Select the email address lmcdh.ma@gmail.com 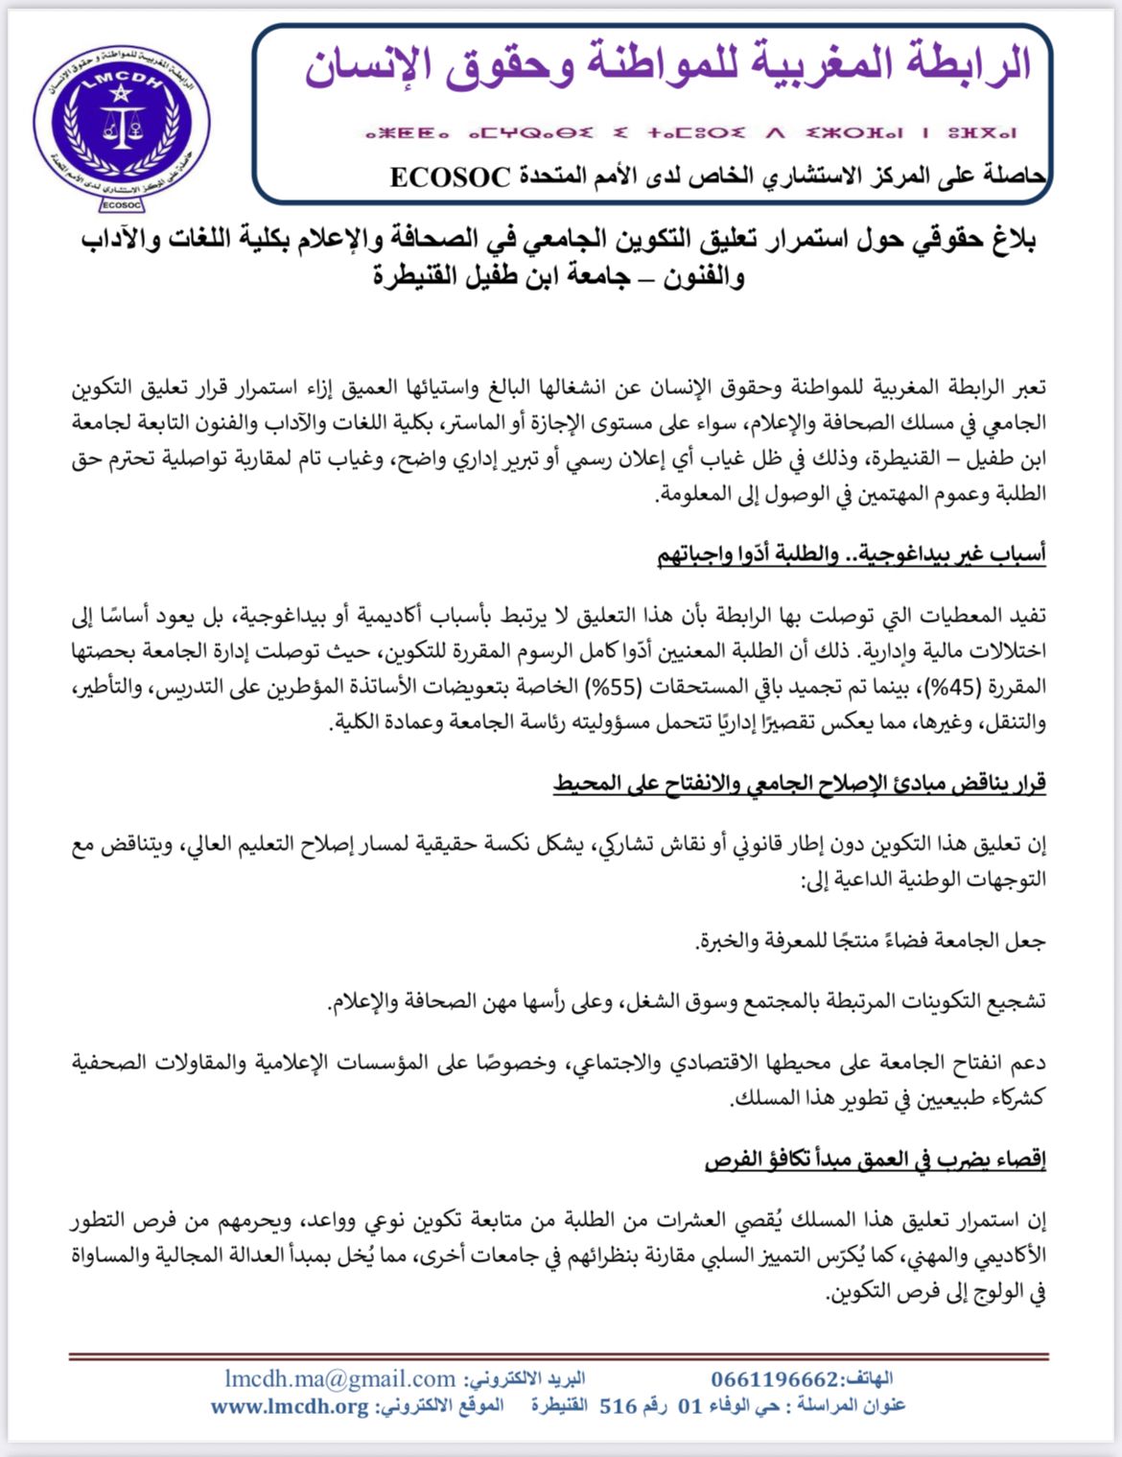click(x=340, y=1379)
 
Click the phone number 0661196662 click(x=775, y=1379)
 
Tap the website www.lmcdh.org click(x=290, y=1407)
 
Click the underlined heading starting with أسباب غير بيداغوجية click(x=852, y=554)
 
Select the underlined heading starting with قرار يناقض click(x=799, y=784)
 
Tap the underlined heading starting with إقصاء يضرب click(x=875, y=1160)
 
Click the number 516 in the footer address click(x=619, y=1407)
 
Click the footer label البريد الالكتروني click(x=525, y=1379)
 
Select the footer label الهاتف click(x=867, y=1379)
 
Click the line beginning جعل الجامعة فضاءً click(x=870, y=940)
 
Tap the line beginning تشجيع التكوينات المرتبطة click(x=687, y=1001)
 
